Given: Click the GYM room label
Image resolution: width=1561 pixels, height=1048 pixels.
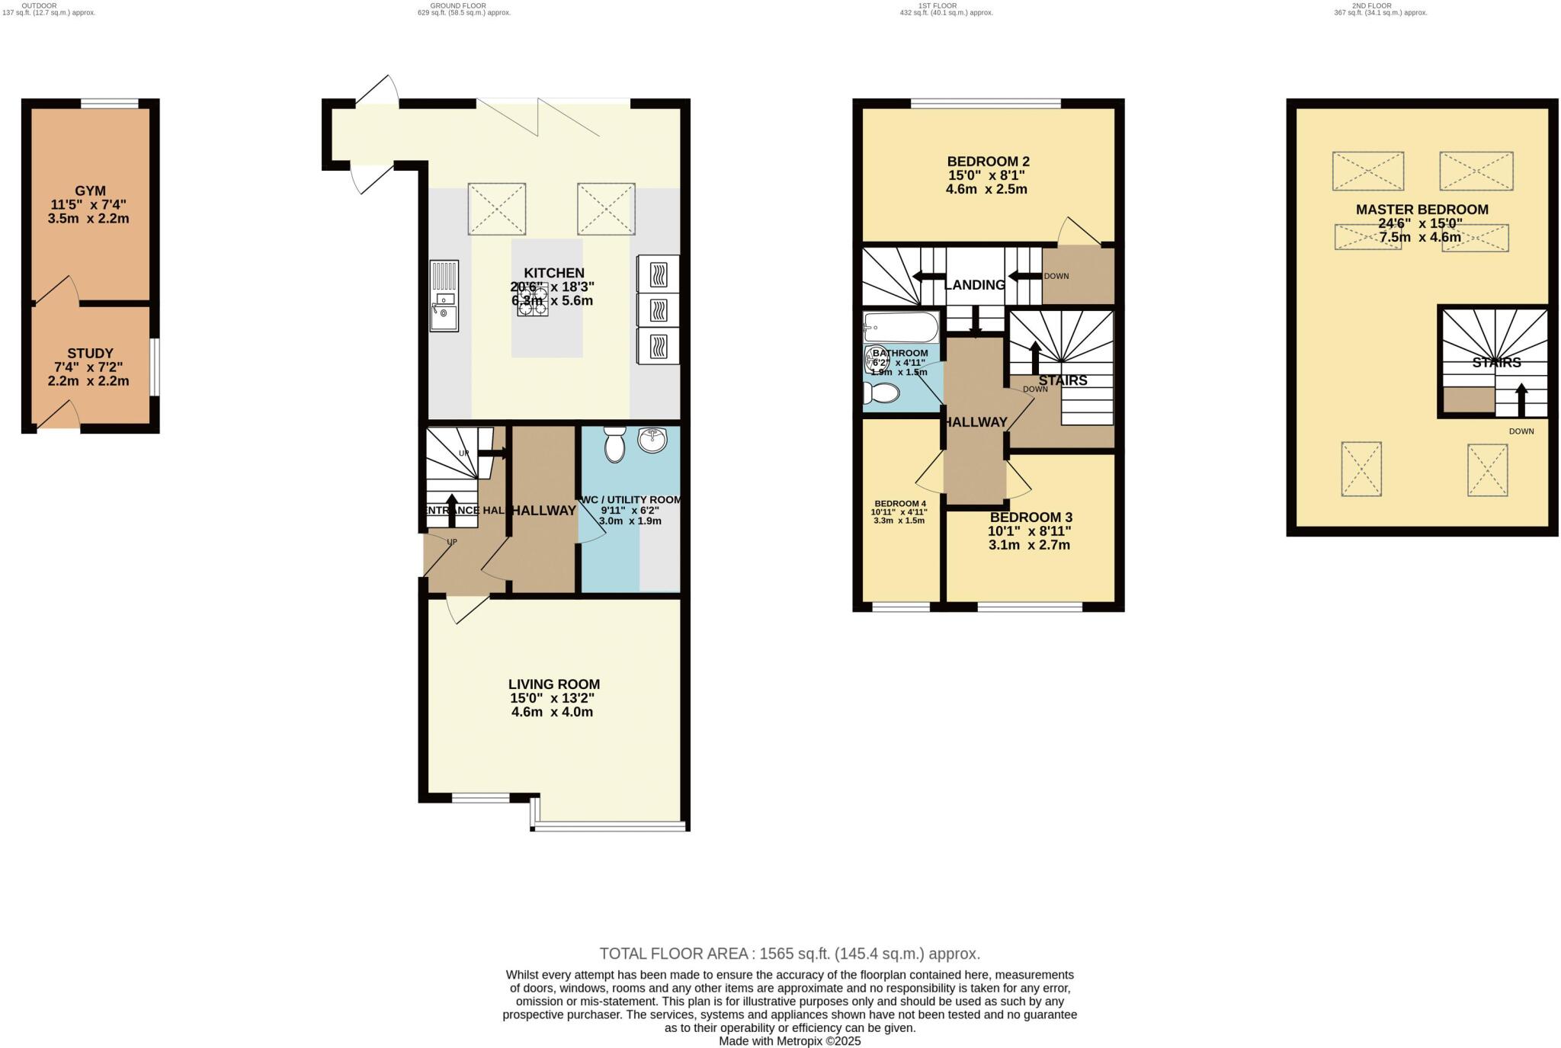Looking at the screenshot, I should coord(90,191).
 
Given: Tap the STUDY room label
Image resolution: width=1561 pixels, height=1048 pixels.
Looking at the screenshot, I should coord(90,354).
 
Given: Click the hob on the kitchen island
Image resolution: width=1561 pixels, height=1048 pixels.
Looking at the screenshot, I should coord(531,297).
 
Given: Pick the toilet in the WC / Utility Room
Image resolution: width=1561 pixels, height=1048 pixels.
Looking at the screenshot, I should coord(614,444).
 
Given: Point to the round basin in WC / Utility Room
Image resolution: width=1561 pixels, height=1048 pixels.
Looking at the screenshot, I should coord(652,441).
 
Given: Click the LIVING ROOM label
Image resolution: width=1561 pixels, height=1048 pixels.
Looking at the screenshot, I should coord(554,684).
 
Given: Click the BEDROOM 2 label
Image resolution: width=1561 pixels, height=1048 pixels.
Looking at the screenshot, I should coord(988,162).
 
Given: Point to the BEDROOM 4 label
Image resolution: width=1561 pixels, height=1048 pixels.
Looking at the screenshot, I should coord(899,504).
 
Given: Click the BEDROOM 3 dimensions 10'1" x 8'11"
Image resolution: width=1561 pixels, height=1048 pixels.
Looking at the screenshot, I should coord(1029,531).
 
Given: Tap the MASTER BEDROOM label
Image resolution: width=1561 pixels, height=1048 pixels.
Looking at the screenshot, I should coord(1422,210).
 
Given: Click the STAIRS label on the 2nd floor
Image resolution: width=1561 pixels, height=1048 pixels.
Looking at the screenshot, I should coord(1496,363).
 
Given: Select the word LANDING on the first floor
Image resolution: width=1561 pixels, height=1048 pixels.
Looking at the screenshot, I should coord(974,285).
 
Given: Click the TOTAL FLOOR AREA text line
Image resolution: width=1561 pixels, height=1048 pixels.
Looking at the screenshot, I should coord(789,953).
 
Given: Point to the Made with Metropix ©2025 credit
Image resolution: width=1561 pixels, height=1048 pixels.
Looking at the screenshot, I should coord(789,1040).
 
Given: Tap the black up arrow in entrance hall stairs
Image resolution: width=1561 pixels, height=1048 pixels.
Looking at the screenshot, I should coord(451,509).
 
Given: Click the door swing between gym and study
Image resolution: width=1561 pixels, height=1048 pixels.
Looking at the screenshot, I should coord(57,290).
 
